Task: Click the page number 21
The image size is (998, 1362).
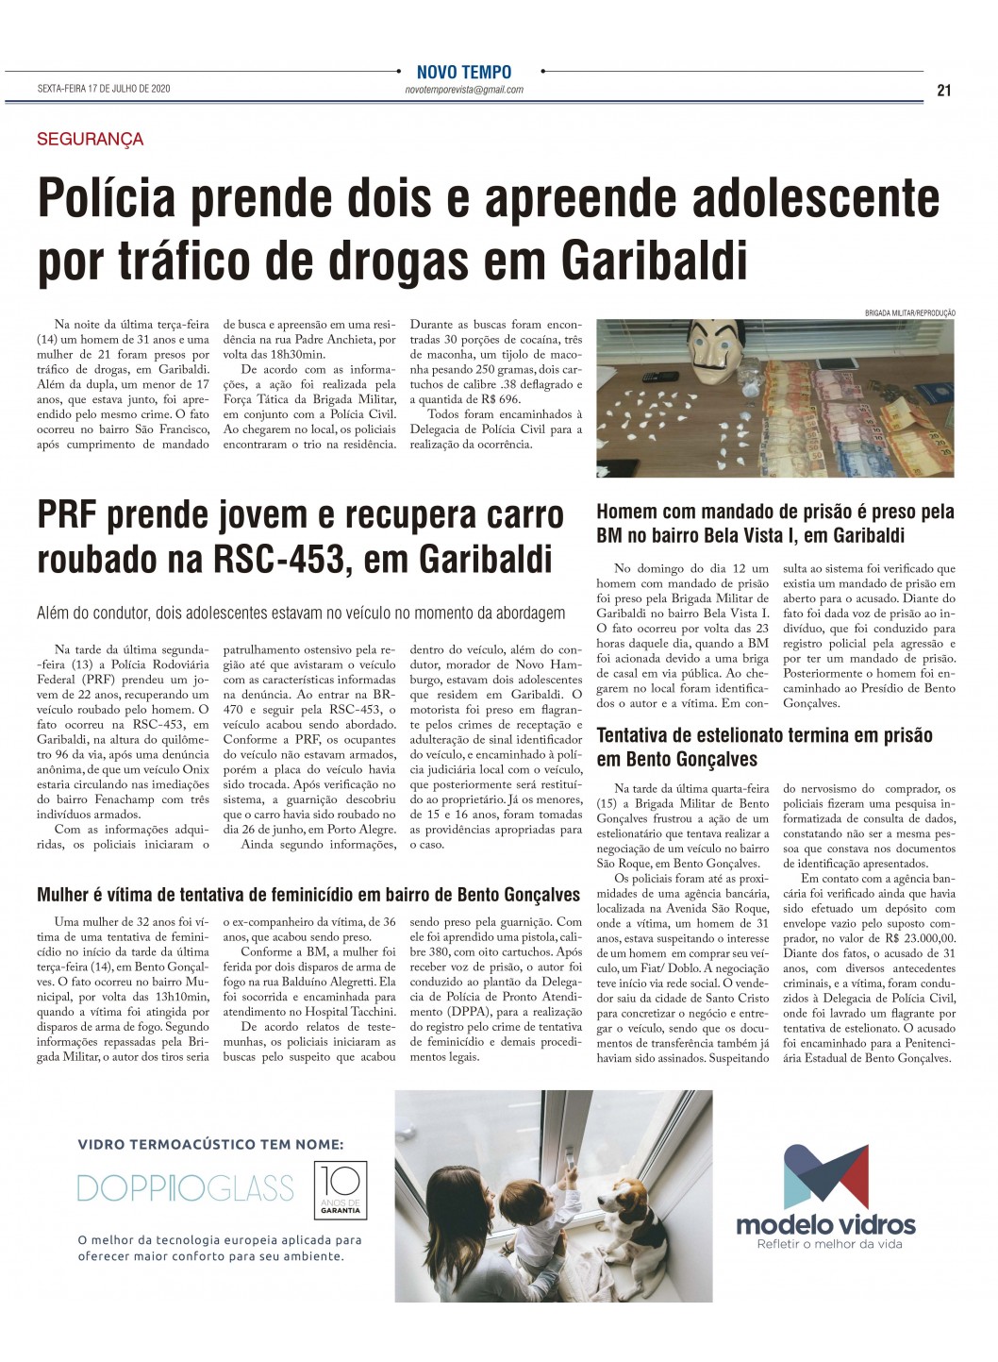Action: coord(944,91)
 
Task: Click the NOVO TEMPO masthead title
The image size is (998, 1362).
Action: coord(464,73)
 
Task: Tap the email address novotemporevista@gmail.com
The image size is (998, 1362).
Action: coord(463,90)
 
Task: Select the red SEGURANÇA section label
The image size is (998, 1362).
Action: coord(91,140)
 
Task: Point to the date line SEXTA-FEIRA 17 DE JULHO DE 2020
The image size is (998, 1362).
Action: coord(104,90)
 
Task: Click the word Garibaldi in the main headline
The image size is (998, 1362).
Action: coord(655,260)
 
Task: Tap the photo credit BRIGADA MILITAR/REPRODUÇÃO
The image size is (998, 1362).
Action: coord(910,312)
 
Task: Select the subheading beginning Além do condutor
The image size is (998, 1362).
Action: coord(301,613)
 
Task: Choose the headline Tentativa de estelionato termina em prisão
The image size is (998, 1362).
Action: coord(764,747)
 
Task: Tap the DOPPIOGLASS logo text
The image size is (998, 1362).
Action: coord(186,1187)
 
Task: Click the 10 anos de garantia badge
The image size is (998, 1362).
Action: coord(340,1189)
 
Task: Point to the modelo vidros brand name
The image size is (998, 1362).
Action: coord(825,1224)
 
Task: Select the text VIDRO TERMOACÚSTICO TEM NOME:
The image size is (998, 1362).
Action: coord(210,1144)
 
